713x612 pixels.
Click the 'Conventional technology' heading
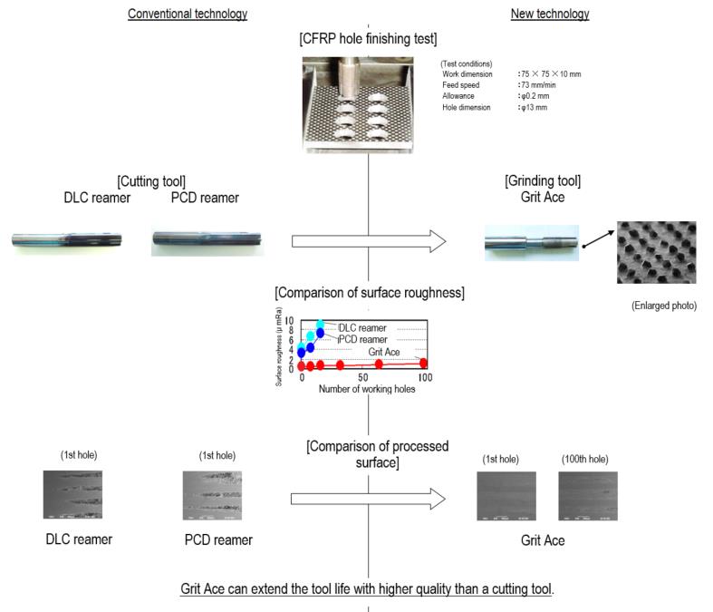click(x=188, y=14)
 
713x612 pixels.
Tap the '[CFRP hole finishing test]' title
click(x=368, y=38)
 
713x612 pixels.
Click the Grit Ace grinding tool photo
click(x=531, y=242)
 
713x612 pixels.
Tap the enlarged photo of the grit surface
click(x=657, y=252)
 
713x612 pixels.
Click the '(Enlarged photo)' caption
click(x=664, y=306)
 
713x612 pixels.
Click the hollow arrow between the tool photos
click(x=369, y=241)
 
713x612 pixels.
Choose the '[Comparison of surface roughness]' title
click(x=369, y=293)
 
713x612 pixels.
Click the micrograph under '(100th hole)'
click(x=588, y=495)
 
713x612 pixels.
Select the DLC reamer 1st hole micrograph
click(x=72, y=494)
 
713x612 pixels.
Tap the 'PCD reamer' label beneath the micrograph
click(x=218, y=540)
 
